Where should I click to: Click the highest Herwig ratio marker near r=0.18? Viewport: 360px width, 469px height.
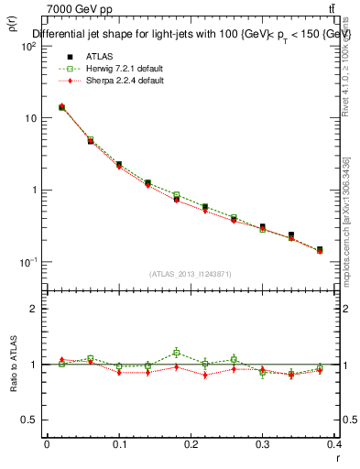tap(176, 352)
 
